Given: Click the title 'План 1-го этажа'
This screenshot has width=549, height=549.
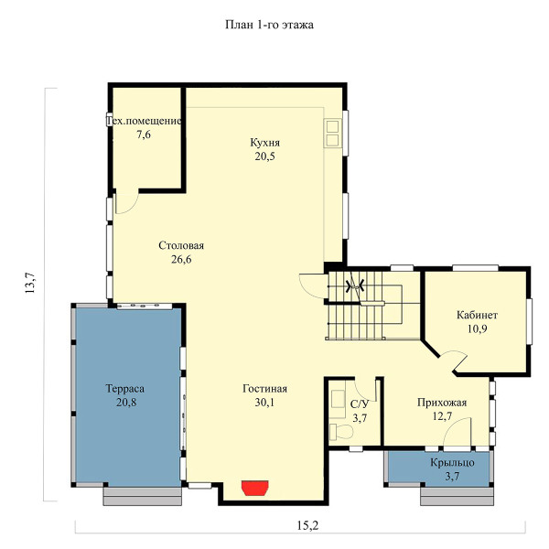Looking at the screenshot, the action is pyautogui.click(x=269, y=25).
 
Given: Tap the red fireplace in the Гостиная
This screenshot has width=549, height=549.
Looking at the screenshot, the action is pyautogui.click(x=255, y=488).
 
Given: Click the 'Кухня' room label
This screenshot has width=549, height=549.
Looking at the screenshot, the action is pyautogui.click(x=264, y=143).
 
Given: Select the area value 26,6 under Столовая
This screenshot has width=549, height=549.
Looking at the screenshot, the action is pyautogui.click(x=181, y=260).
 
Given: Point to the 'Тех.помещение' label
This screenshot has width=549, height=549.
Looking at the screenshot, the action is pyautogui.click(x=144, y=121).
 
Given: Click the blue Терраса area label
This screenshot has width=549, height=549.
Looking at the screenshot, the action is pyautogui.click(x=124, y=389).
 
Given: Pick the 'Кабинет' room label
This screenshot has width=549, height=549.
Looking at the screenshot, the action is pyautogui.click(x=477, y=315).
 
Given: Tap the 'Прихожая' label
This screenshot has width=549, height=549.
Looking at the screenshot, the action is pyautogui.click(x=442, y=403).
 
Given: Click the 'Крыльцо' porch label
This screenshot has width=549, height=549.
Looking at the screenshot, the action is pyautogui.click(x=452, y=463).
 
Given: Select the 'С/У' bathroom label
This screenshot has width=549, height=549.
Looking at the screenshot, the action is pyautogui.click(x=360, y=404).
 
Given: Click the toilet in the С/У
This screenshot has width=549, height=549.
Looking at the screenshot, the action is pyautogui.click(x=341, y=432).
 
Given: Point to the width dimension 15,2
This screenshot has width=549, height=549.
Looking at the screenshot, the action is pyautogui.click(x=307, y=525).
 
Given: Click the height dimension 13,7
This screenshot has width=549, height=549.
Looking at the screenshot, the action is pyautogui.click(x=31, y=283).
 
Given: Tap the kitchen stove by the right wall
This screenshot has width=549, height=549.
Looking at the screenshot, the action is pyautogui.click(x=333, y=133).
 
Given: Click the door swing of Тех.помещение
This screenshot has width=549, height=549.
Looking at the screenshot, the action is pyautogui.click(x=127, y=204).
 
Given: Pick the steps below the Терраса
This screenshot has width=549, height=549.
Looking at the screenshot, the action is pyautogui.click(x=143, y=497).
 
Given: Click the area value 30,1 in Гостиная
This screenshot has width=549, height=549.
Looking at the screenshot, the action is pyautogui.click(x=264, y=403).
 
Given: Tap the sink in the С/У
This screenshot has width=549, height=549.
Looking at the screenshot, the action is pyautogui.click(x=337, y=399).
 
